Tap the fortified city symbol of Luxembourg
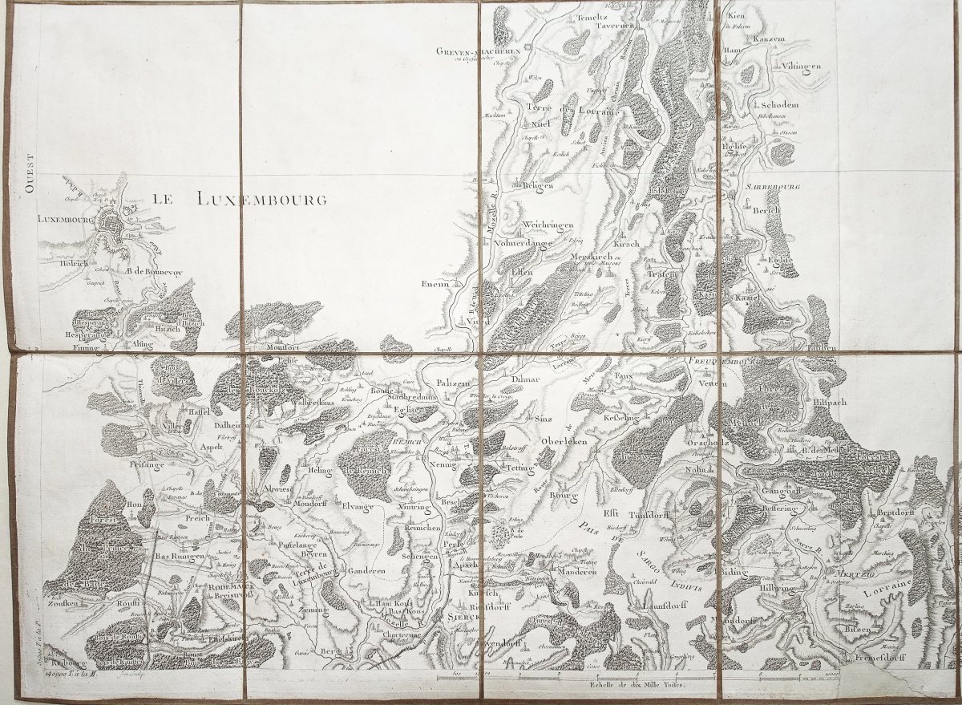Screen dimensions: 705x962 click(117, 227)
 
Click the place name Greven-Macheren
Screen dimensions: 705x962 click(479, 51)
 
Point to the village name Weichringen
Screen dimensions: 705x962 click(548, 225)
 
